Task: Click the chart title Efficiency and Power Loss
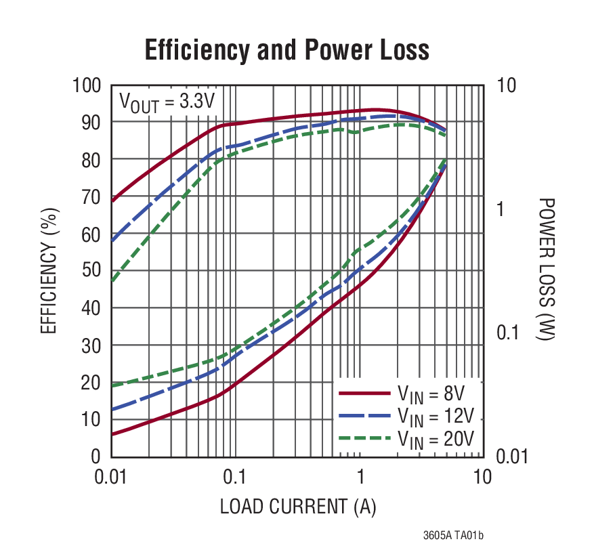(287, 50)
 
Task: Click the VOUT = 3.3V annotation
(167, 102)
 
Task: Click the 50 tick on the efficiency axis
(91, 271)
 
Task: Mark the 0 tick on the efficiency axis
(96, 457)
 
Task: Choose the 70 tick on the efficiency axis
(91, 197)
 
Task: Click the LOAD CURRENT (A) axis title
(297, 506)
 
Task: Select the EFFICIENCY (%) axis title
(49, 271)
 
